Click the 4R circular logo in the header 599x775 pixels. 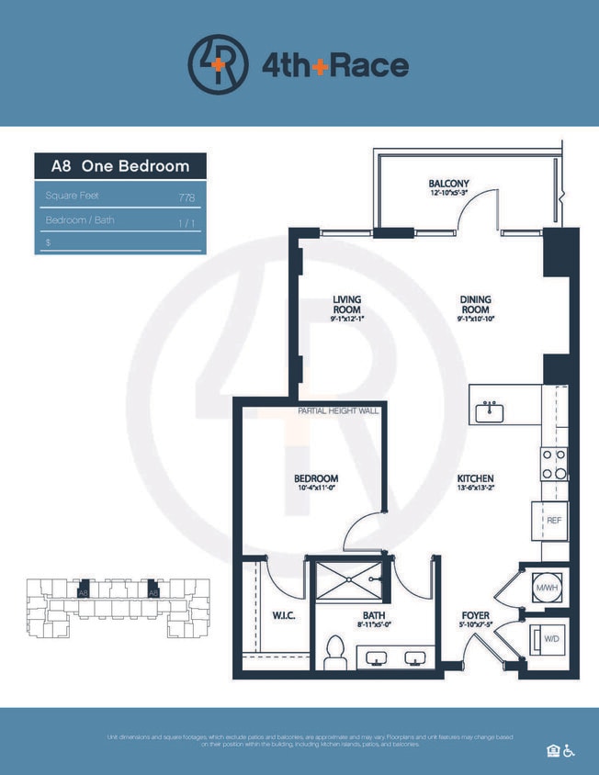click(218, 64)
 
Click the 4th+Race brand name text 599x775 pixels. click(334, 65)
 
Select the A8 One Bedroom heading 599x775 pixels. click(120, 166)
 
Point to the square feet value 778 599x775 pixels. click(187, 197)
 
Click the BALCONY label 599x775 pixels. click(448, 184)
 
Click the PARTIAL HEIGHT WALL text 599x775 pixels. click(337, 411)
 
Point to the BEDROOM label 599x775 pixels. click(316, 478)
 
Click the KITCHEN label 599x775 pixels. click(476, 478)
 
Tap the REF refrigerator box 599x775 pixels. click(553, 521)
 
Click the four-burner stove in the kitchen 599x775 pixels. click(554, 463)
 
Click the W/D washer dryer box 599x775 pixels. click(549, 638)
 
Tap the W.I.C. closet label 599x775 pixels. click(282, 614)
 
